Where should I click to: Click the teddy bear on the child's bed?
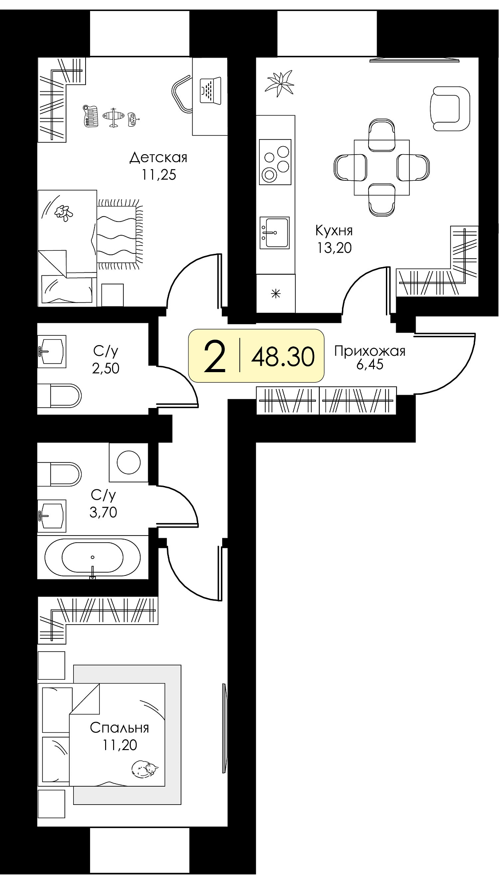pyautogui.click(x=63, y=213)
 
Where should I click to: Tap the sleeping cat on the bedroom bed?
pyautogui.click(x=145, y=769)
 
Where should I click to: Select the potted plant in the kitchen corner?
pyautogui.click(x=279, y=83)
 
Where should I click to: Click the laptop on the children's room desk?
pyautogui.click(x=210, y=90)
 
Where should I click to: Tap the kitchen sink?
pyautogui.click(x=274, y=232)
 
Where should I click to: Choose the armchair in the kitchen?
pyautogui.click(x=450, y=109)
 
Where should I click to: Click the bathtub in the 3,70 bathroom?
pyautogui.click(x=93, y=557)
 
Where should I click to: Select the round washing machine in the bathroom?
pyautogui.click(x=129, y=462)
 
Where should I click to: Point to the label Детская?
pyautogui.click(x=158, y=157)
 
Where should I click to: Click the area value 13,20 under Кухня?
pyautogui.click(x=334, y=248)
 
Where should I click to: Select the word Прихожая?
pyautogui.click(x=369, y=351)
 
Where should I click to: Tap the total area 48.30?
pyautogui.click(x=283, y=356)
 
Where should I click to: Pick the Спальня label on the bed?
pyautogui.click(x=119, y=728)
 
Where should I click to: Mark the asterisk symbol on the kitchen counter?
pyautogui.click(x=276, y=293)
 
